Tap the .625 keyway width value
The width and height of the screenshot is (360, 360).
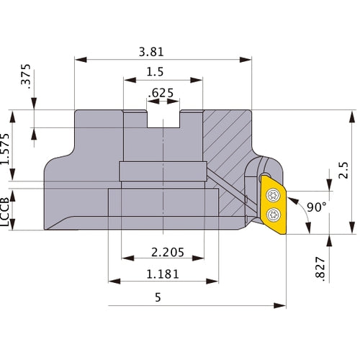[162, 93]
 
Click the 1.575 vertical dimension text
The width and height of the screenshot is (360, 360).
[6, 148]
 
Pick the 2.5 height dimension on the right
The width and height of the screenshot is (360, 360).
[344, 171]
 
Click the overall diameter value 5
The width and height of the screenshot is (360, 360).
[157, 297]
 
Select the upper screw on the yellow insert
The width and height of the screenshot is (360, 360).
[274, 193]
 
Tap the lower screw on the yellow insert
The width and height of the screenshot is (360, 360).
[274, 214]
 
